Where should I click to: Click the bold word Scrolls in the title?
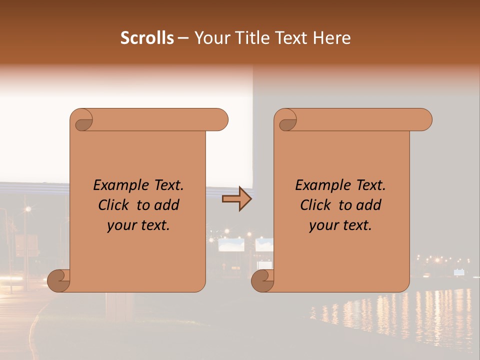pos(147,38)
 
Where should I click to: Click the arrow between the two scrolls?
pos(237,199)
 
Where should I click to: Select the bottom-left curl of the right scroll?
pos(263,280)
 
